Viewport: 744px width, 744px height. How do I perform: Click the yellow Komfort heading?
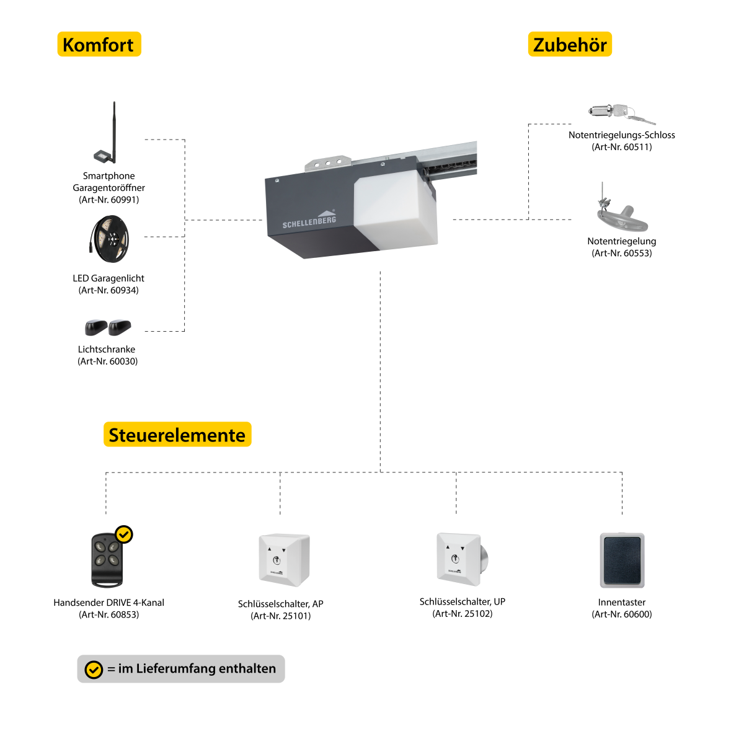click(x=99, y=45)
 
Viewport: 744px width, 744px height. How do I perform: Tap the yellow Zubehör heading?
click(x=570, y=45)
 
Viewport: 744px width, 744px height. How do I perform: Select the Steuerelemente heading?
click(x=177, y=435)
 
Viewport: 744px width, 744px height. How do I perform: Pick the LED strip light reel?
click(x=109, y=239)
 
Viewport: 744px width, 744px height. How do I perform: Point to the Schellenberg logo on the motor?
click(x=309, y=219)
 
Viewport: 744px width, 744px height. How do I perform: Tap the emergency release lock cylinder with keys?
click(x=622, y=113)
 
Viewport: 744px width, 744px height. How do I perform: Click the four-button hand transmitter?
click(x=107, y=560)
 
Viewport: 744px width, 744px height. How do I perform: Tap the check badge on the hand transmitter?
click(x=124, y=534)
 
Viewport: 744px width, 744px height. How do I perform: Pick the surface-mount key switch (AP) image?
click(x=284, y=559)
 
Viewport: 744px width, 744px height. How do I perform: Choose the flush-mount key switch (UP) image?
click(x=462, y=559)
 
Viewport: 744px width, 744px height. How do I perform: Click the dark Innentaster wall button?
click(x=622, y=560)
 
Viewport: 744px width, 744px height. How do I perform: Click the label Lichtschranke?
click(x=107, y=349)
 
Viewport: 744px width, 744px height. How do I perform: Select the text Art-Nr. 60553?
click(x=622, y=253)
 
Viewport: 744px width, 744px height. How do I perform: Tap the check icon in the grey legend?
click(x=94, y=670)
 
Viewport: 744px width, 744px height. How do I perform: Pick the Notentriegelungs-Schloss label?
click(x=622, y=135)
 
